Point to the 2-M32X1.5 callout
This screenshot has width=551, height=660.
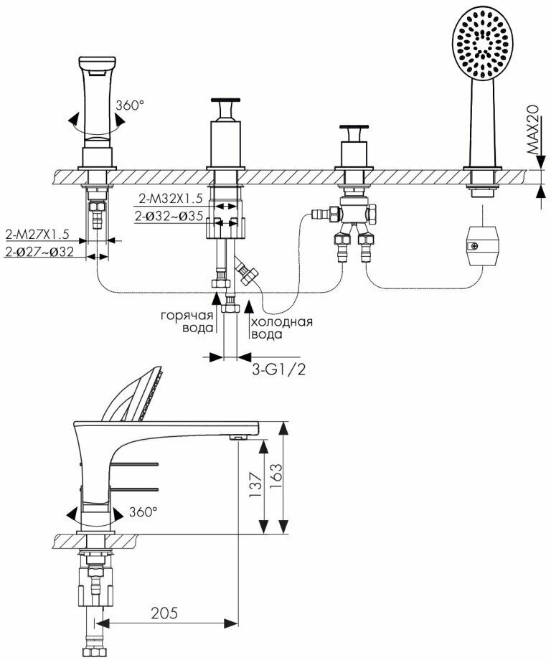(171, 198)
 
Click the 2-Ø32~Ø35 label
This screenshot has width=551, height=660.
(170, 214)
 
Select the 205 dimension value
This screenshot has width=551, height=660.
(164, 613)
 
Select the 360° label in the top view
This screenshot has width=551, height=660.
(129, 105)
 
